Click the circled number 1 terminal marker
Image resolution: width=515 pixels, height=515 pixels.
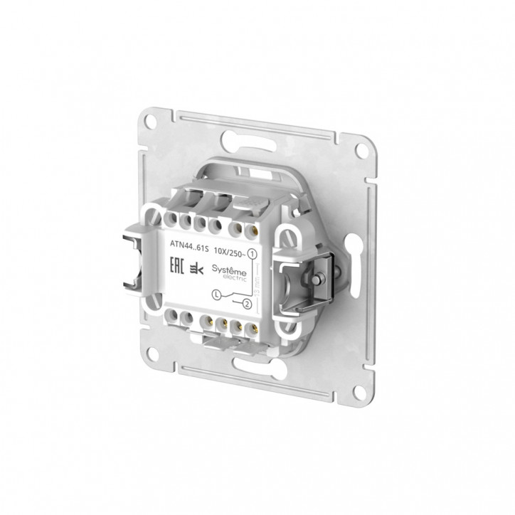255,253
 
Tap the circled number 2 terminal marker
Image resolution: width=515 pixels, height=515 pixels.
247,306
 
